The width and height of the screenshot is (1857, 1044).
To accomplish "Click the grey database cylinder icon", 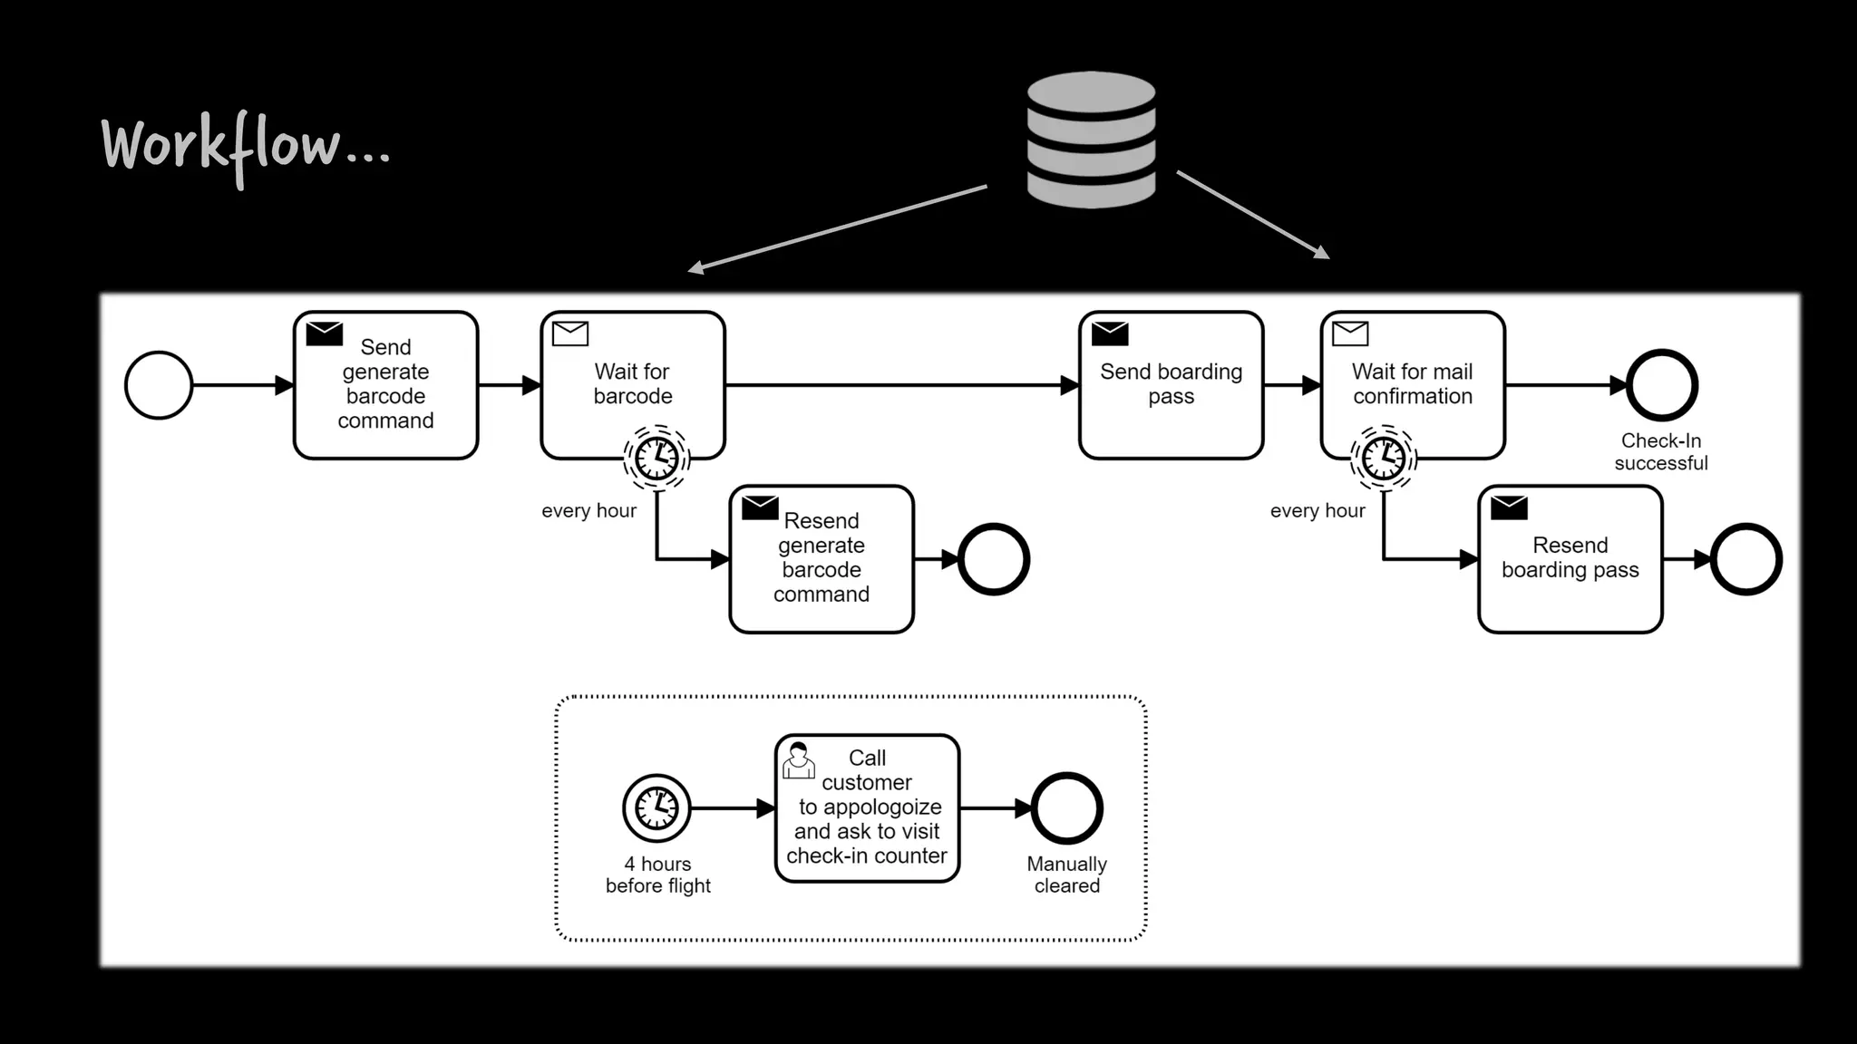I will [1091, 140].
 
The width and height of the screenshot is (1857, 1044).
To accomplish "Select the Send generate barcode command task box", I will [385, 385].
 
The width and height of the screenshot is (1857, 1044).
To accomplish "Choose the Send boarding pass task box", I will [1171, 385].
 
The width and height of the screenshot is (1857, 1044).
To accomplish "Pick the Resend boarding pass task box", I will [1570, 559].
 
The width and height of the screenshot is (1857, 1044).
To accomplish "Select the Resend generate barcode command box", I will [821, 559].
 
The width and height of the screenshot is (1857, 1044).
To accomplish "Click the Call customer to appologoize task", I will [867, 808].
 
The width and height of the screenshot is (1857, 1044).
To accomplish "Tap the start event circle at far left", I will [159, 385].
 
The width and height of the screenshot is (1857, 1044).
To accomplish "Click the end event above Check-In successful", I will [1661, 385].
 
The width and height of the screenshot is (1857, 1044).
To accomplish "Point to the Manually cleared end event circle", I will [1066, 808].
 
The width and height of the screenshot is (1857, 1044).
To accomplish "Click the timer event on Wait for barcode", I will [656, 458].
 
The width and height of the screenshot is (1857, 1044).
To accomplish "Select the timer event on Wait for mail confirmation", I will [1384, 458].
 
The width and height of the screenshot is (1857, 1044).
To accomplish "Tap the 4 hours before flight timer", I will [656, 807].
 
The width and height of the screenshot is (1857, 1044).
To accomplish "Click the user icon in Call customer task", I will [798, 760].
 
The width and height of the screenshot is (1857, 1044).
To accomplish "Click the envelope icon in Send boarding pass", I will [1109, 333].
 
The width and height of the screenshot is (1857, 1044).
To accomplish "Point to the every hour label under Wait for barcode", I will [588, 511].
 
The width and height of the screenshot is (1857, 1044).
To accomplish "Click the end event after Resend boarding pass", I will [1745, 559].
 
